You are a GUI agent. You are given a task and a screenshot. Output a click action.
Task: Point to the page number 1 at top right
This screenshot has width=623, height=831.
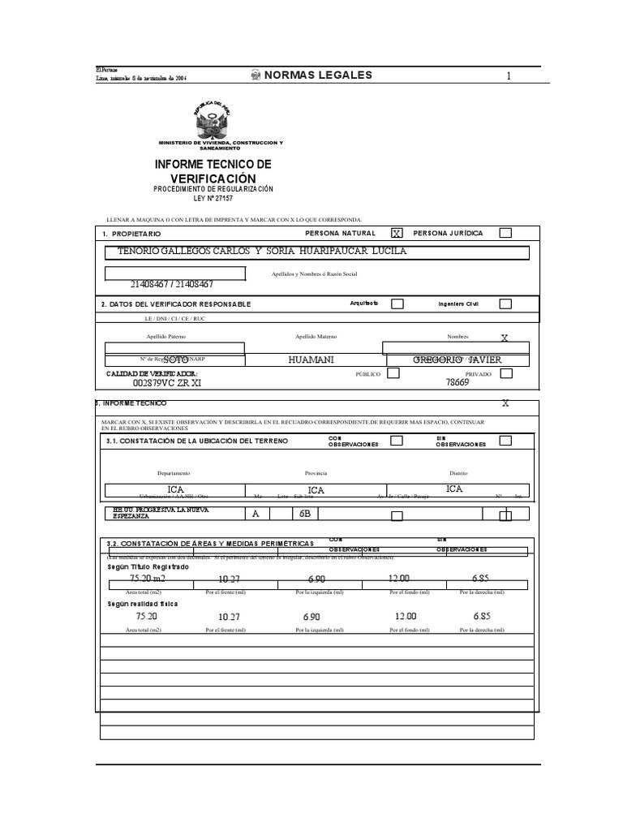(509, 76)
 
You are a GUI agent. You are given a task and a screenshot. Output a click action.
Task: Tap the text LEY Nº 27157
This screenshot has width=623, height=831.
(213, 198)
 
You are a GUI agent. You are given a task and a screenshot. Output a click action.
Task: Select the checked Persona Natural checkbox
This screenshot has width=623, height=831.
(397, 233)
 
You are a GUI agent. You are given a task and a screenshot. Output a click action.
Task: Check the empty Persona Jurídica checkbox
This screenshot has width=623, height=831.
(505, 233)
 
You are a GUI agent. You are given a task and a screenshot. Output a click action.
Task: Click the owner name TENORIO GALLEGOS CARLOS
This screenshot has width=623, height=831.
(191, 251)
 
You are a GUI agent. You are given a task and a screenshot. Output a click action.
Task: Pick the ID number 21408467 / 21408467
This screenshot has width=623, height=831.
(171, 285)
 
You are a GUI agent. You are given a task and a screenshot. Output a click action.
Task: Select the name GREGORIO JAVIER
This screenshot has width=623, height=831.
(458, 360)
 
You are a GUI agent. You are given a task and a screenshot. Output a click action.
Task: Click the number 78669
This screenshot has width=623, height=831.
(458, 384)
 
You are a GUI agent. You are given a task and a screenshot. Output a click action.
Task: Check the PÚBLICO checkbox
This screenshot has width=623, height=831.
(393, 373)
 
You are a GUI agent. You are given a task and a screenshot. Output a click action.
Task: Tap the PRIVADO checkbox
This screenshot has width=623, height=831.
(505, 373)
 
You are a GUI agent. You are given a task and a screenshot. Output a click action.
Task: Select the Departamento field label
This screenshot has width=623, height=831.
(174, 472)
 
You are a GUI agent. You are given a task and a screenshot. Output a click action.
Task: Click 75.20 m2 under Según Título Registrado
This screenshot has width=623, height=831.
(147, 579)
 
